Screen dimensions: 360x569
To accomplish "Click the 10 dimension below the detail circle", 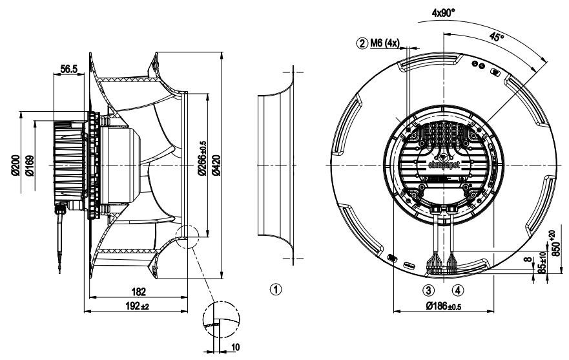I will click(235, 348).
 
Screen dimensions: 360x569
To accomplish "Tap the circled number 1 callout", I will click(276, 289).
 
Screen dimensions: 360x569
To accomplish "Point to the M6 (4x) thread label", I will click(386, 43).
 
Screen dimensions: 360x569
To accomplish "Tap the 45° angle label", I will click(497, 38).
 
